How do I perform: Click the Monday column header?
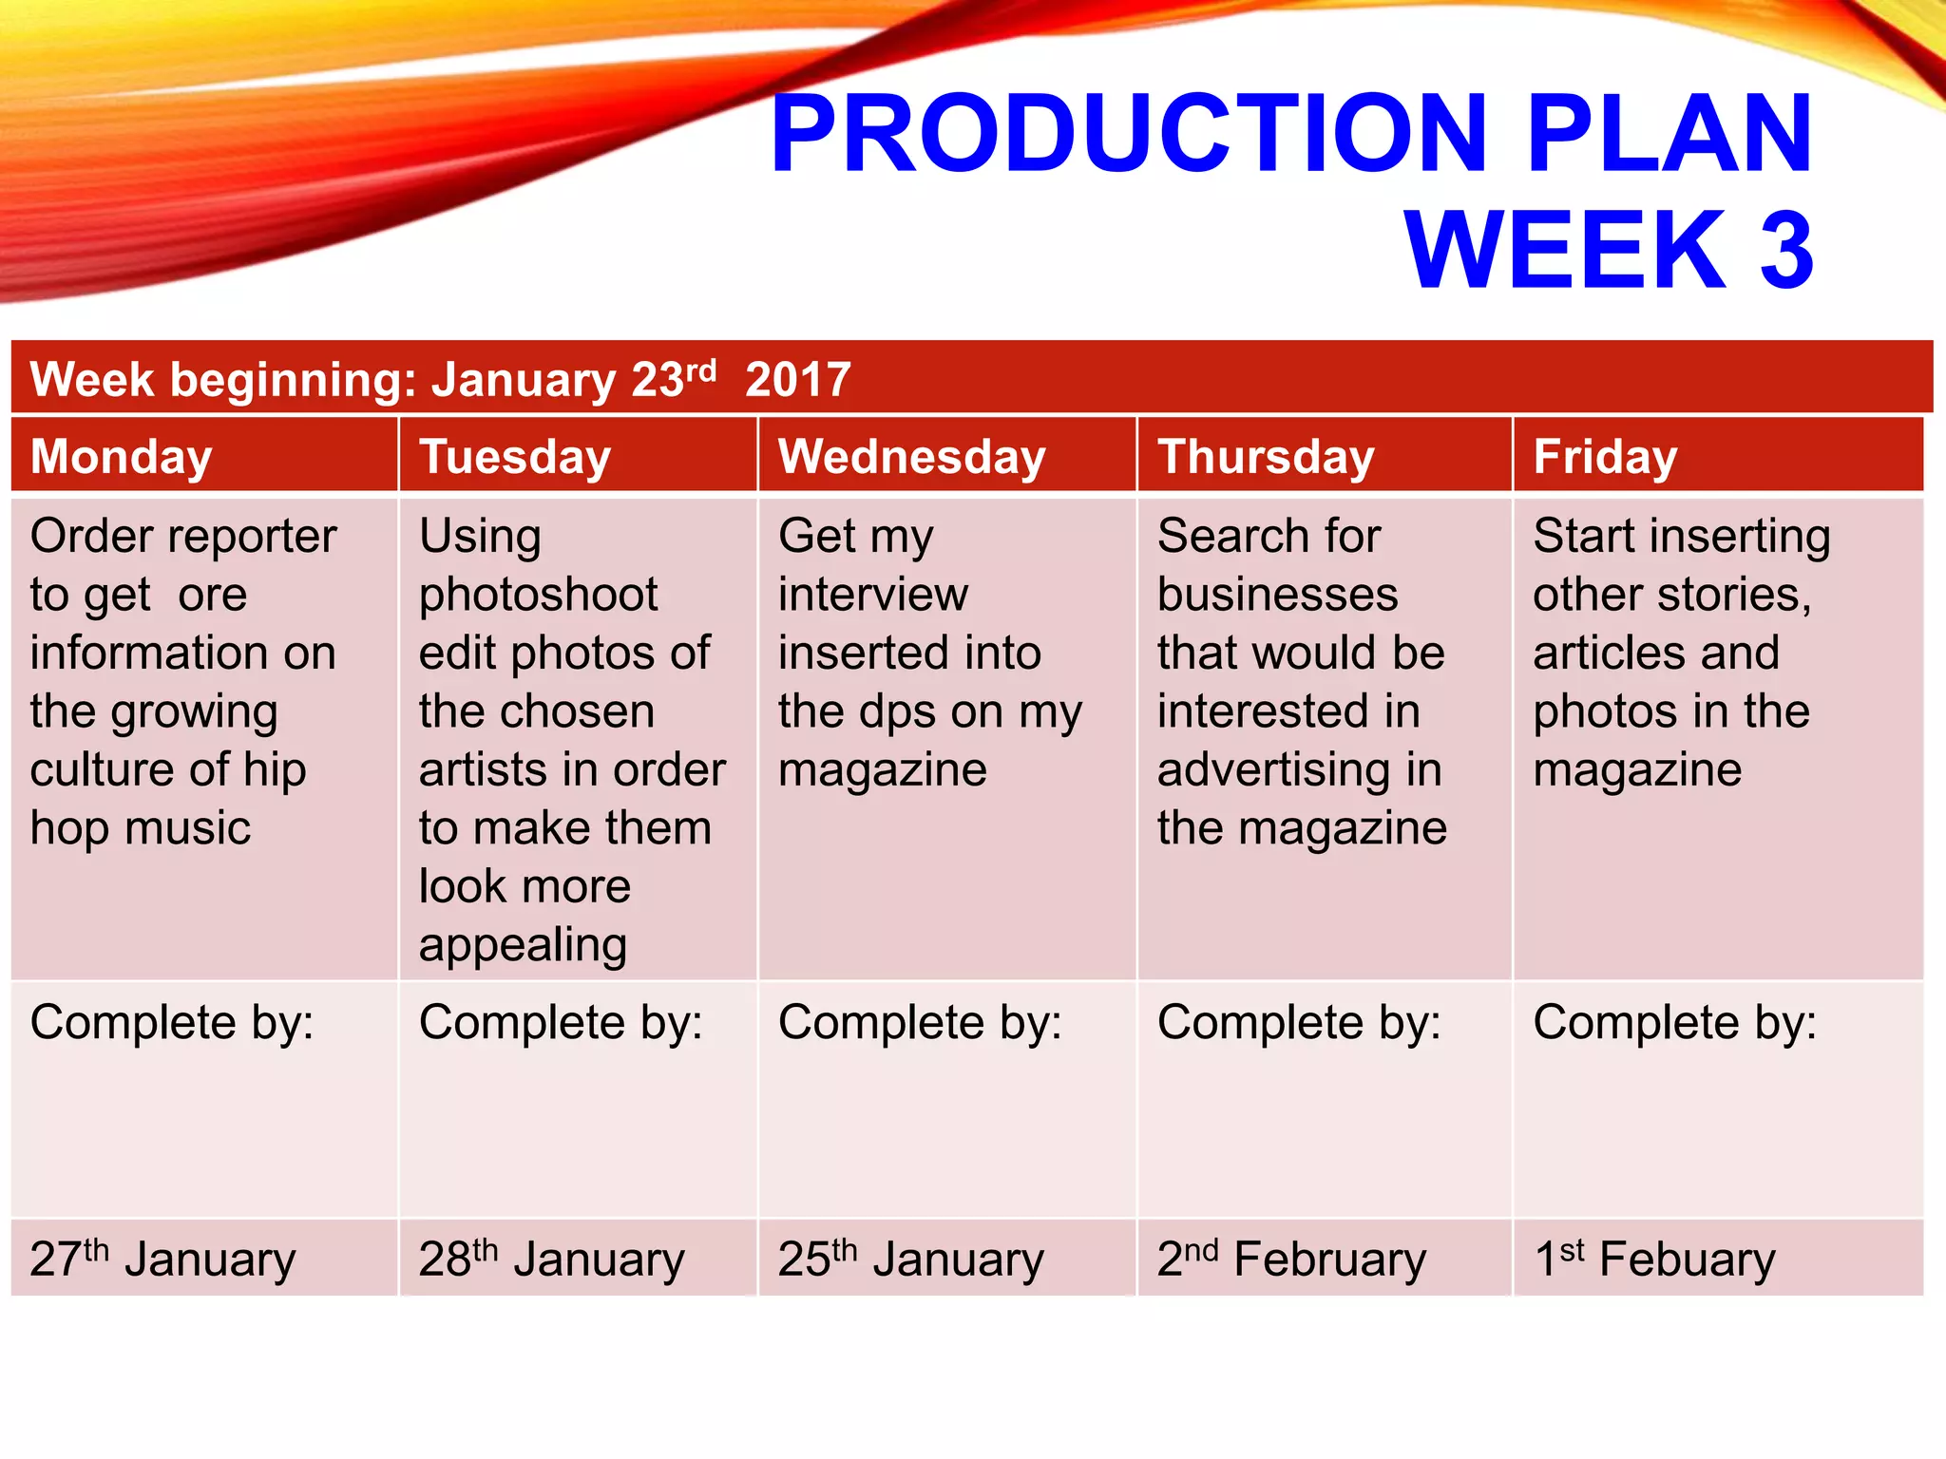pyautogui.click(x=122, y=457)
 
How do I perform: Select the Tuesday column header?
pyautogui.click(x=515, y=457)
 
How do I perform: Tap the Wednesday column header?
pyautogui.click(x=912, y=457)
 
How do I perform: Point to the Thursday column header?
pyautogui.click(x=1266, y=457)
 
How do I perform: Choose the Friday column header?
pyautogui.click(x=1605, y=457)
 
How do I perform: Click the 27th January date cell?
pyautogui.click(x=162, y=1260)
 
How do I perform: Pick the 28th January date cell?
pyautogui.click(x=551, y=1260)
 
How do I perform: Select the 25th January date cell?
pyautogui.click(x=910, y=1260)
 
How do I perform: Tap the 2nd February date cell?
pyautogui.click(x=1291, y=1260)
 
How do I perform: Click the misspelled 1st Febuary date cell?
pyautogui.click(x=1654, y=1260)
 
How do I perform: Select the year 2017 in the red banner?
pyautogui.click(x=798, y=380)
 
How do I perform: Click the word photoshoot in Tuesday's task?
pyautogui.click(x=539, y=596)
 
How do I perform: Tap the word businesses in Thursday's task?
pyautogui.click(x=1277, y=596)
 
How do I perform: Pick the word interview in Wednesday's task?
pyautogui.click(x=873, y=596)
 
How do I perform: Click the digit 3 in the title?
pyautogui.click(x=1787, y=250)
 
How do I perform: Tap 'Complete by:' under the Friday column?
pyautogui.click(x=1674, y=1024)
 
